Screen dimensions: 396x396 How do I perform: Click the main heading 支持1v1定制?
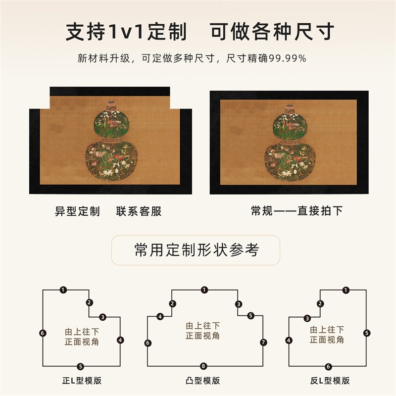(126, 32)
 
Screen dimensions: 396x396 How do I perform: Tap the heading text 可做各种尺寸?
(272, 32)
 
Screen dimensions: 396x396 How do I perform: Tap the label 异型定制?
(77, 211)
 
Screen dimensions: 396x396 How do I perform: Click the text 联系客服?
(139, 211)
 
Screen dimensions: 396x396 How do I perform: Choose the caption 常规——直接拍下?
(297, 211)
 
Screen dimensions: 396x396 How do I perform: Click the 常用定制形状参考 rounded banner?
(196, 250)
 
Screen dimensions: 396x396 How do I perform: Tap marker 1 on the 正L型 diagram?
(63, 290)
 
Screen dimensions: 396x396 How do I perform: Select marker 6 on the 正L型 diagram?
(43, 333)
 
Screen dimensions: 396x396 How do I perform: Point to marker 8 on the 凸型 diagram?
(203, 366)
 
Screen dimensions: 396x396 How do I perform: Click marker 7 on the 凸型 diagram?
(263, 342)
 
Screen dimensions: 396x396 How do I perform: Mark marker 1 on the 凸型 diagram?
(204, 290)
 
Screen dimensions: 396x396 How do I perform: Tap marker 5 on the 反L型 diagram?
(366, 333)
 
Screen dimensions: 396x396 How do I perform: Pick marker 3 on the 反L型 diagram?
(307, 318)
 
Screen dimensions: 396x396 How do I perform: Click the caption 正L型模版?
(82, 381)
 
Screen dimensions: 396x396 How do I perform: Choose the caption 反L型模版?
(330, 381)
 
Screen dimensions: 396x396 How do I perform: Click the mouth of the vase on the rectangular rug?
(290, 105)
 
